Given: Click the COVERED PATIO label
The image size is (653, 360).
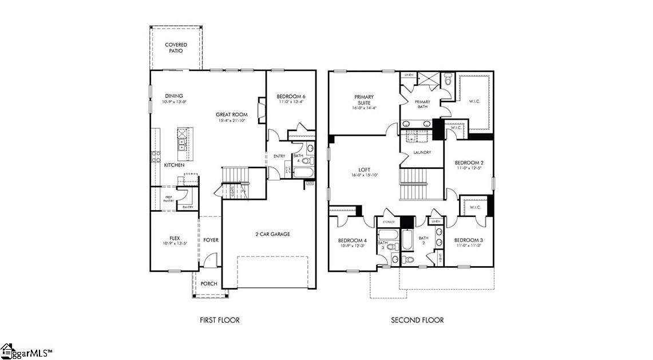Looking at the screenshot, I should [x=176, y=48].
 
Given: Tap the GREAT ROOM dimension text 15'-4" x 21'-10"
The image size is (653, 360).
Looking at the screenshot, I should [x=232, y=121].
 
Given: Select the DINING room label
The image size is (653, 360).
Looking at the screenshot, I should [x=174, y=96].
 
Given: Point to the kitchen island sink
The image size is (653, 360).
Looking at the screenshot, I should [x=182, y=143].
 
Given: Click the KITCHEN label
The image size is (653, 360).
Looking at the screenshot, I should [x=175, y=165].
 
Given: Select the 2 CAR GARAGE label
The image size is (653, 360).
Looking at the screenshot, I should [x=272, y=234].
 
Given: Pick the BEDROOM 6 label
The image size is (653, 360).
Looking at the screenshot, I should [x=291, y=96].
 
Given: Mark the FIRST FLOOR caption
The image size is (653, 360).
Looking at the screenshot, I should [x=219, y=320].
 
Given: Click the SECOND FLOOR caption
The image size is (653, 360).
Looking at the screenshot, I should [x=417, y=320].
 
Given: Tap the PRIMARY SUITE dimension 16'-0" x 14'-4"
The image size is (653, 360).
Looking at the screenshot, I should [x=364, y=108].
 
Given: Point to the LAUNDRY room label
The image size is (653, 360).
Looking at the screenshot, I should [x=422, y=152].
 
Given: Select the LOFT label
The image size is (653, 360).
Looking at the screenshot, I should [x=365, y=170].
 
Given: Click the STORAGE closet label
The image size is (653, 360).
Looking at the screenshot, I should [x=389, y=221].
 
